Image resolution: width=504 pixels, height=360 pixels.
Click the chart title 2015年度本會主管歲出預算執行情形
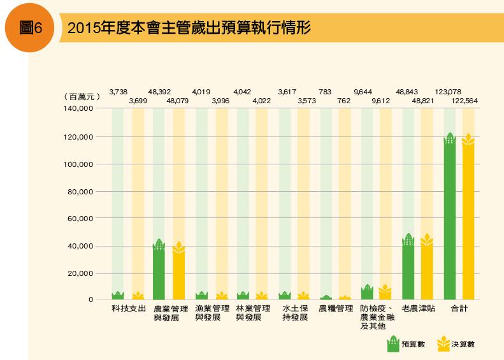[189, 29]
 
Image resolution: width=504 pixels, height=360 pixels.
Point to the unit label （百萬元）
[83, 96]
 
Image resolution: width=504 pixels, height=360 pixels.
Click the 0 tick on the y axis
[91, 299]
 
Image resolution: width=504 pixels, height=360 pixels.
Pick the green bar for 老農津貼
[408, 268]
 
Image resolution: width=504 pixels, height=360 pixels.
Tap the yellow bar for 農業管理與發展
[179, 272]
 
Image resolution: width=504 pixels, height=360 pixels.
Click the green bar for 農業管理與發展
[159, 271]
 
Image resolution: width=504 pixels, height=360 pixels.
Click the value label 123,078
[447, 92]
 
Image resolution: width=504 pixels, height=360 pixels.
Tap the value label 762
[344, 101]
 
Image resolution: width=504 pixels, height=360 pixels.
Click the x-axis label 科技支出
[129, 309]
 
